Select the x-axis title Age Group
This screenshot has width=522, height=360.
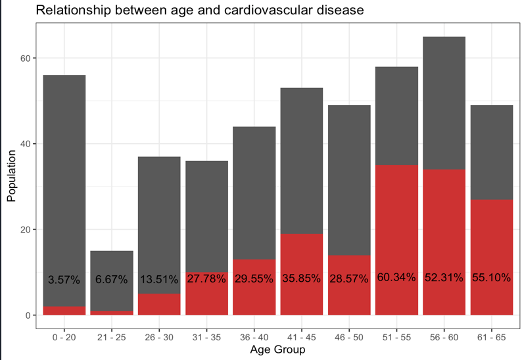tap(277, 350)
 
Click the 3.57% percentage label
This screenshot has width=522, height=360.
tap(64, 280)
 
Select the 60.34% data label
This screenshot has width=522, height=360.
tap(396, 277)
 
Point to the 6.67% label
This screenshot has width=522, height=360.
tap(112, 280)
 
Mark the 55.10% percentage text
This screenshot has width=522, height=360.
tap(492, 277)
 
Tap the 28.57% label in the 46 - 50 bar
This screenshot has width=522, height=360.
tap(349, 279)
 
